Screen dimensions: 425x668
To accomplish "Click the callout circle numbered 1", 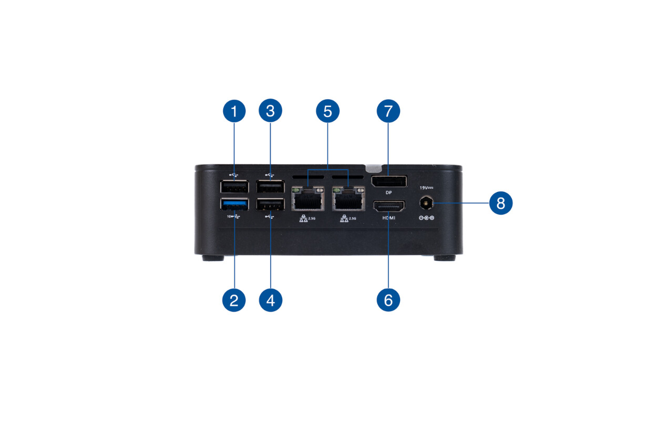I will tap(234, 111).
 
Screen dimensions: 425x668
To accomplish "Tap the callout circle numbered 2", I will tap(234, 300).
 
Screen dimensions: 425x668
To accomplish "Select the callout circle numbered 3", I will tap(270, 111).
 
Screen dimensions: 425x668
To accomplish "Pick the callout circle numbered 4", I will tap(270, 300).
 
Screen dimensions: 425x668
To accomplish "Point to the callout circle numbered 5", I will tap(327, 111).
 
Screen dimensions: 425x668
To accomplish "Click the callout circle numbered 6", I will tap(388, 300).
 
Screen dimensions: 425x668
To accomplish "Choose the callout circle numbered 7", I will tap(388, 111).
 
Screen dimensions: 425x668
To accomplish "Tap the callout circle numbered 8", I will tap(500, 203).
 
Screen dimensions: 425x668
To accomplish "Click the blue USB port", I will tap(234, 204).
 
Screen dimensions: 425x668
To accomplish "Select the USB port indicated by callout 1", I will tap(234, 186).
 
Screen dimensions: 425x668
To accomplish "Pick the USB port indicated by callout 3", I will tap(270, 186).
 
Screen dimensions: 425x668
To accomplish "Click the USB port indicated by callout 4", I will tap(270, 204).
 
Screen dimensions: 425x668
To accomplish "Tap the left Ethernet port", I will tap(308, 199).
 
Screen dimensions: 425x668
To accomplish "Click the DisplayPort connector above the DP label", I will tap(388, 182).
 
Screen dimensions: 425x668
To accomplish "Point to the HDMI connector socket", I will tap(388, 206).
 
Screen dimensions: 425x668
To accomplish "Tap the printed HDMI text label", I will tap(388, 217).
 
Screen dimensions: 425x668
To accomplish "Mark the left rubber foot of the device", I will tap(213, 258).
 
